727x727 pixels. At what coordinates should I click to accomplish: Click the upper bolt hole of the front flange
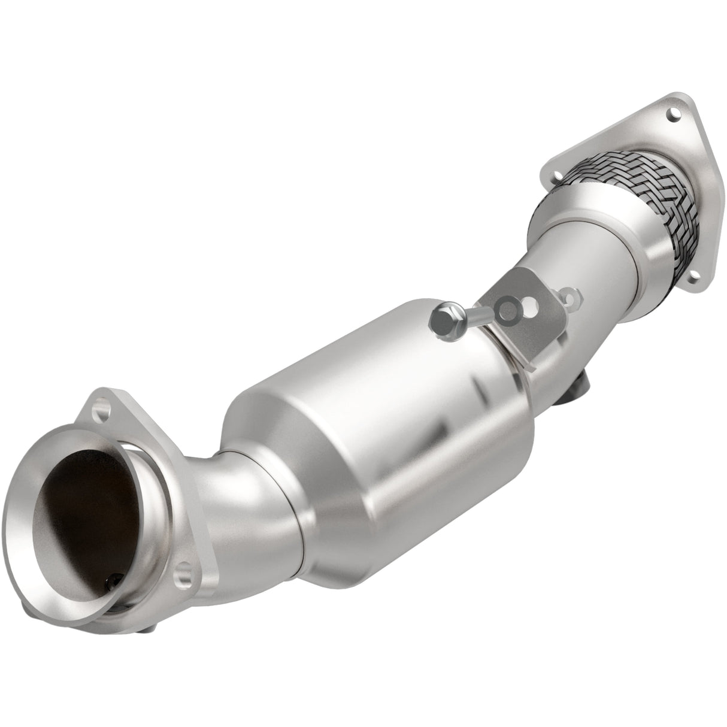[106, 413]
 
